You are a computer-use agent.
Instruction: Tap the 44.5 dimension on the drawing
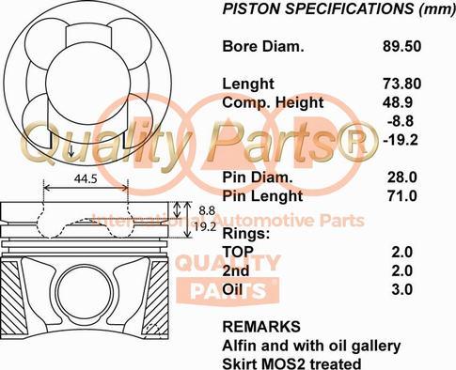click(86, 177)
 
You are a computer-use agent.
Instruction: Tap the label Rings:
click(245, 233)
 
